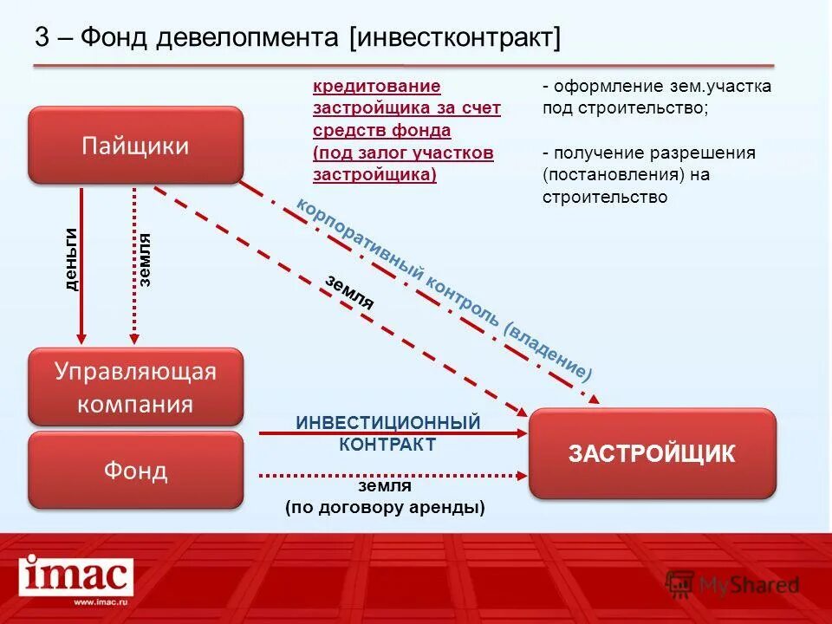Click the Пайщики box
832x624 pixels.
tap(135, 145)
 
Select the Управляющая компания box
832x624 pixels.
tap(135, 387)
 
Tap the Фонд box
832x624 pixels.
tap(135, 470)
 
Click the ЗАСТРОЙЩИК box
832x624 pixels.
tap(652, 453)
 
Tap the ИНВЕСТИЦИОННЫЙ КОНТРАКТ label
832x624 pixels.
tap(387, 433)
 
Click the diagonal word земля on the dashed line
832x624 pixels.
tap(350, 292)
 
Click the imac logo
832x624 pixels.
tap(77, 575)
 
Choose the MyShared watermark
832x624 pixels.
tap(732, 585)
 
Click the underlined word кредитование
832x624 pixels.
tap(377, 87)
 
